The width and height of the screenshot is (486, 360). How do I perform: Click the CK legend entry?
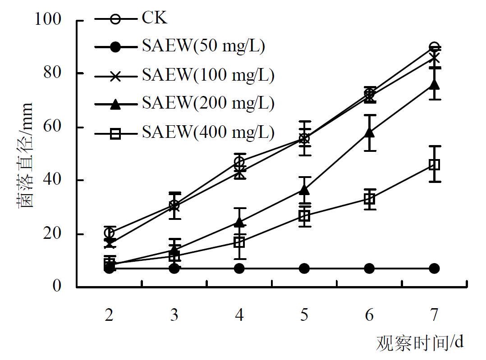tap(155, 19)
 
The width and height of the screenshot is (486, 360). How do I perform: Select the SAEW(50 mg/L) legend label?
tap(203, 46)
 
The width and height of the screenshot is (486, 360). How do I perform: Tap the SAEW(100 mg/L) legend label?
tap(208, 75)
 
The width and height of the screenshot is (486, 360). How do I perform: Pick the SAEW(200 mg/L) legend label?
tap(208, 104)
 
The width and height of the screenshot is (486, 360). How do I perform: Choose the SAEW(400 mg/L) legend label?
tap(208, 132)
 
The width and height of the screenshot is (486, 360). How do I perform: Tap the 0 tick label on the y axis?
tap(57, 286)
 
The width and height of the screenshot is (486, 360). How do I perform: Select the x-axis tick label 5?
tap(304, 315)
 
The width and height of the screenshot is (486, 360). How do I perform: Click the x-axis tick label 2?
tap(109, 315)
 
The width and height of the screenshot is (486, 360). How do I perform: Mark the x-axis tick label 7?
tap(434, 315)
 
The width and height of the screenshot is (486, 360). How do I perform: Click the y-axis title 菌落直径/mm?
tap(26, 155)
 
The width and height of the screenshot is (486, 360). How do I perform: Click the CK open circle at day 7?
tap(434, 47)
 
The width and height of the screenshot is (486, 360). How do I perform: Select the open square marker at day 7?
tap(434, 164)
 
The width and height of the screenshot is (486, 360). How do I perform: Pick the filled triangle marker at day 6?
tap(369, 132)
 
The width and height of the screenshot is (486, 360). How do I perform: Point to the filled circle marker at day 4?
tap(239, 269)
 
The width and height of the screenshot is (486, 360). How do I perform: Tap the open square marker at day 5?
tap(304, 216)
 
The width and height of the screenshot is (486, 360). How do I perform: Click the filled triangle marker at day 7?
tap(434, 84)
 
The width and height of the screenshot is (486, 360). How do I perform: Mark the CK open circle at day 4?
tap(239, 162)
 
